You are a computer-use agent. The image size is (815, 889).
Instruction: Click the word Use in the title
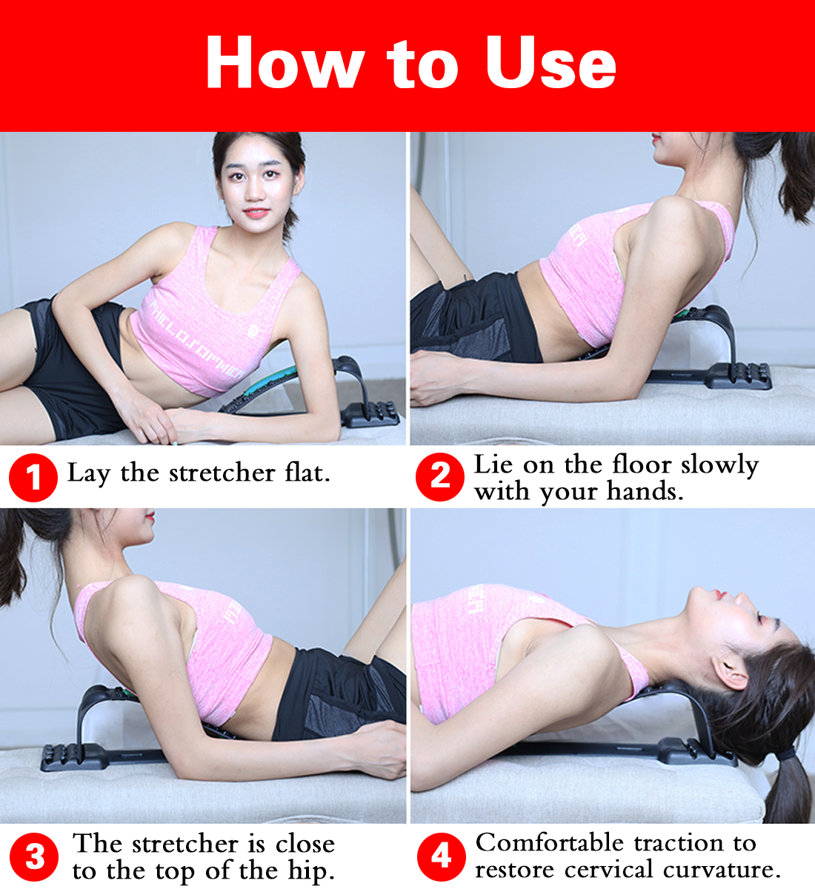550,64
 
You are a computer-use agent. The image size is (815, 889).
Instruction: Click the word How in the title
284,64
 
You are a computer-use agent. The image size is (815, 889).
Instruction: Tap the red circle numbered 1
33,477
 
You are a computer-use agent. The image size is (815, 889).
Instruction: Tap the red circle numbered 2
440,476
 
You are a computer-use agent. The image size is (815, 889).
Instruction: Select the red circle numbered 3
35,856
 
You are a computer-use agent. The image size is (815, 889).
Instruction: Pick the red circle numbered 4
441,856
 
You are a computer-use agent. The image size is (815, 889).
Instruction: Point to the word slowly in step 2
719,465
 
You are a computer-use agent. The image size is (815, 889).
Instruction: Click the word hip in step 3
310,871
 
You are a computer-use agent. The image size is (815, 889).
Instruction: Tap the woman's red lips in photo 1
256,212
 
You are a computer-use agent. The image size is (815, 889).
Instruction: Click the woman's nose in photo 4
698,592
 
